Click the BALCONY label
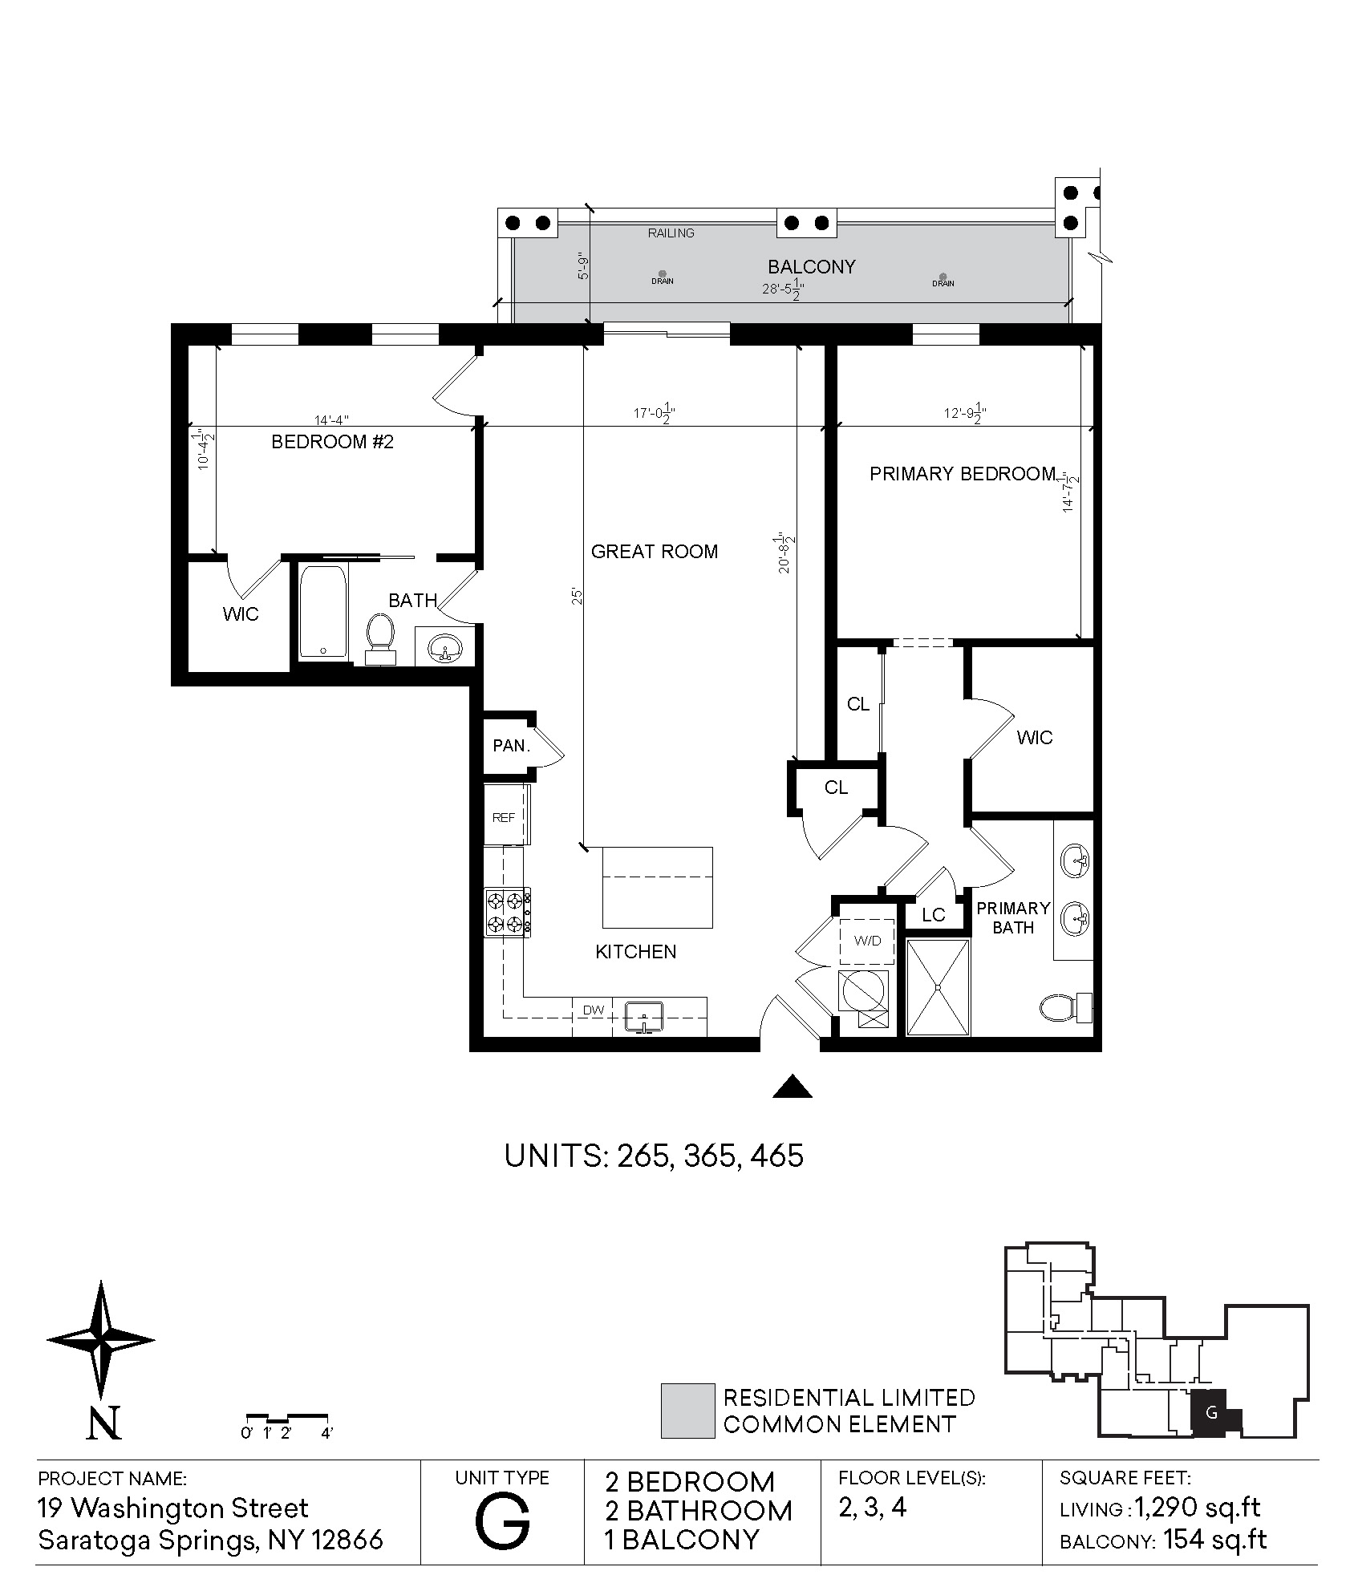coord(811,266)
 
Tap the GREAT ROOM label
coord(654,551)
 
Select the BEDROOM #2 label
coord(332,442)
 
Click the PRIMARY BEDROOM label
coord(962,474)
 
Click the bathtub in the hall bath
coord(322,612)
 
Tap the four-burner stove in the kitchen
coord(506,913)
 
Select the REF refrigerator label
coord(504,817)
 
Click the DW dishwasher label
coord(593,1010)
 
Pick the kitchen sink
coord(644,1017)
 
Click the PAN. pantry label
coord(511,745)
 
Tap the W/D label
coord(867,941)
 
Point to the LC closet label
coord(933,915)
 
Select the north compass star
coord(101,1340)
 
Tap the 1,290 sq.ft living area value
coord(1197,1508)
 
